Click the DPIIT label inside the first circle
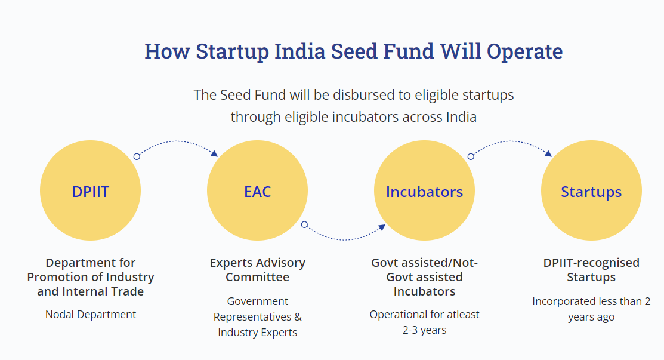pyautogui.click(x=91, y=192)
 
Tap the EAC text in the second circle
pyautogui.click(x=258, y=192)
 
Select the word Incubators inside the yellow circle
pyautogui.click(x=424, y=192)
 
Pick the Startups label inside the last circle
pyautogui.click(x=591, y=192)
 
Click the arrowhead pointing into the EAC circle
pyautogui.click(x=214, y=153)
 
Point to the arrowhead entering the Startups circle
pyautogui.click(x=548, y=153)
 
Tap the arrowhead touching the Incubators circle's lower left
pyautogui.click(x=382, y=227)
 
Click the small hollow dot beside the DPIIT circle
pyautogui.click(x=137, y=156)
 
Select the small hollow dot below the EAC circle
pyautogui.click(x=304, y=225)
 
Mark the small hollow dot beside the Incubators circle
pyautogui.click(x=471, y=156)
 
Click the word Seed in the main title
pyautogui.click(x=354, y=51)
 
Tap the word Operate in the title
pyautogui.click(x=524, y=52)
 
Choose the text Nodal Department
pyautogui.click(x=91, y=314)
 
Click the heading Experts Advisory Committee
pyautogui.click(x=258, y=270)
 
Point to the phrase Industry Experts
pyautogui.click(x=258, y=333)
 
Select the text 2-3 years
pyautogui.click(x=424, y=330)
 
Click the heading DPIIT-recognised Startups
pyautogui.click(x=591, y=270)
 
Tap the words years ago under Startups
pyautogui.click(x=591, y=317)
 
